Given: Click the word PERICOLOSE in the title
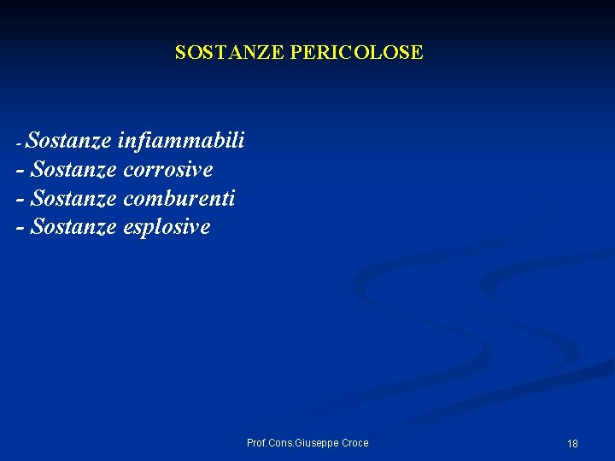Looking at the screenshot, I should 356,53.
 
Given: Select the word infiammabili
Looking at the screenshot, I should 182,140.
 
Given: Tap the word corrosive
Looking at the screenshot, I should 168,169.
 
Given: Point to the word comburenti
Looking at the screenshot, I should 179,198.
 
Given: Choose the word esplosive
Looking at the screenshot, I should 167,227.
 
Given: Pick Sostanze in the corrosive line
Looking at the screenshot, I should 73,169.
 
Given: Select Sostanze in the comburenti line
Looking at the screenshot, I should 73,198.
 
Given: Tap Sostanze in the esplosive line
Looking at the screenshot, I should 73,227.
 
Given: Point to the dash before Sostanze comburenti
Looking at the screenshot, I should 20,200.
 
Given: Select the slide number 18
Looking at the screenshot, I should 572,443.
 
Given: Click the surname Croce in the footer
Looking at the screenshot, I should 354,442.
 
